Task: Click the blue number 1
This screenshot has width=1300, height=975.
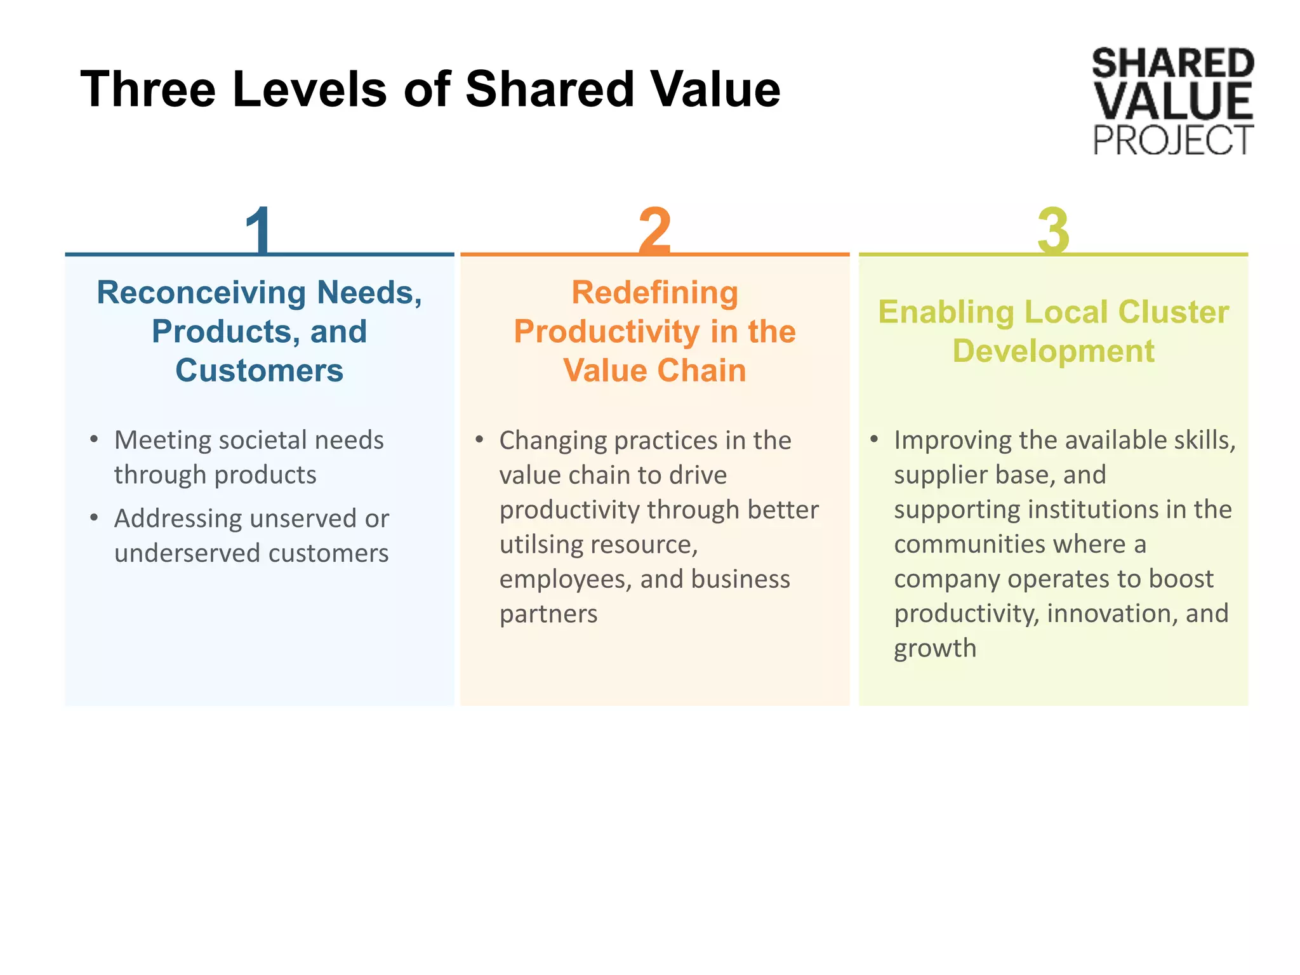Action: coord(260,230)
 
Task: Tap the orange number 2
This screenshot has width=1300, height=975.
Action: coord(654,230)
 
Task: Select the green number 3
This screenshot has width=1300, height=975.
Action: coord(1053,230)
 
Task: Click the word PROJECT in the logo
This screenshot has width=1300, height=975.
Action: coord(1172,140)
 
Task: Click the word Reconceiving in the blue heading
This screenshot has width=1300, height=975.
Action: coord(201,293)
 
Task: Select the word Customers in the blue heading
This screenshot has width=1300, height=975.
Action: coord(259,370)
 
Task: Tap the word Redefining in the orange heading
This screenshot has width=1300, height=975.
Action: coord(654,293)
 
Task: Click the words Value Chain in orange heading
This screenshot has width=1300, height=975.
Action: coord(654,370)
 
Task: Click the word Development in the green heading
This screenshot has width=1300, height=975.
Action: coord(1053,351)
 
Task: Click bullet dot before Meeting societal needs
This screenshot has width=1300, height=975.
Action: coord(94,439)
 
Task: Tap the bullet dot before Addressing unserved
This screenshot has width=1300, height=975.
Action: coord(94,518)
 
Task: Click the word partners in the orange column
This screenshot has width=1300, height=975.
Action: coord(548,614)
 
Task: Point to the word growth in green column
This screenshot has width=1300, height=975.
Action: coord(935,649)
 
